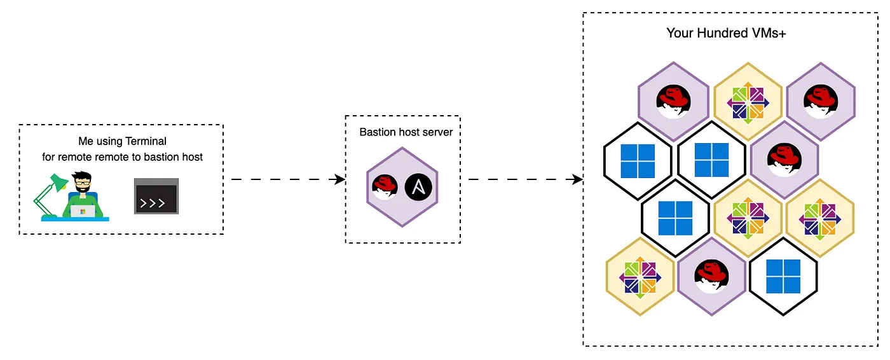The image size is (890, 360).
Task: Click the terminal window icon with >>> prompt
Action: pyautogui.click(x=156, y=197)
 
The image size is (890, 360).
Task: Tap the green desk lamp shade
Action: pyautogui.click(x=59, y=183)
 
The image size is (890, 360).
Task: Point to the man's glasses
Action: pyautogui.click(x=83, y=183)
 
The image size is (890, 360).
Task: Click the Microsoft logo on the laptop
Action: pyautogui.click(x=83, y=211)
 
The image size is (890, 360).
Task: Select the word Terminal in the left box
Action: pyautogui.click(x=146, y=141)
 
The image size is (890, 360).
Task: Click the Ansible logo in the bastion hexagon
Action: pyautogui.click(x=418, y=187)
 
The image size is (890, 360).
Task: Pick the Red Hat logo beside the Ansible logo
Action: pyautogui.click(x=385, y=187)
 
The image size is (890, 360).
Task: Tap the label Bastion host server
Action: pyautogui.click(x=406, y=132)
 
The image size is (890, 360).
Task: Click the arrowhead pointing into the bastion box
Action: pyautogui.click(x=339, y=179)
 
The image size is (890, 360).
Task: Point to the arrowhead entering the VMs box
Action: pyautogui.click(x=577, y=179)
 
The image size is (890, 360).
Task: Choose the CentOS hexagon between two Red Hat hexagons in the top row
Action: pyautogui.click(x=748, y=102)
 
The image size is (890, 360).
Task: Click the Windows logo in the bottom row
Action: pyautogui.click(x=783, y=276)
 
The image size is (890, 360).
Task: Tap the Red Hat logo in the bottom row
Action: pyautogui.click(x=711, y=276)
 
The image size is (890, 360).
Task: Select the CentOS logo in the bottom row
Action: pyautogui.click(x=640, y=277)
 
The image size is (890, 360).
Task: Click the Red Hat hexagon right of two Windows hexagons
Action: pyautogui.click(x=784, y=160)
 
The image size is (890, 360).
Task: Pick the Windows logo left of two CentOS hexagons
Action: pyautogui.click(x=675, y=218)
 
